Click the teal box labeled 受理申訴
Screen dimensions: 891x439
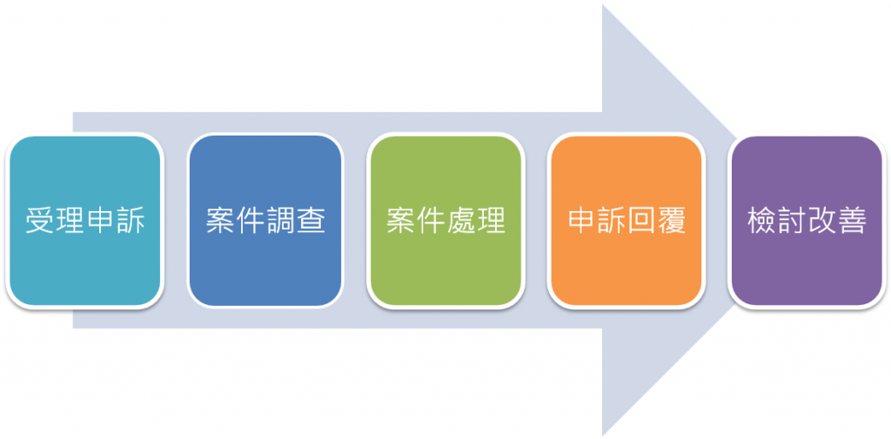coord(84,221)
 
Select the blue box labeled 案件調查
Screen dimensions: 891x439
coord(265,221)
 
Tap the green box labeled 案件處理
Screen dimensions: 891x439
coord(446,221)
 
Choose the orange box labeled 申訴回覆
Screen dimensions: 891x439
coord(626,221)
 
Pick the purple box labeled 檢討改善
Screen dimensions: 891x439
coord(807,221)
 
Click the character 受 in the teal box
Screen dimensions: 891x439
coord(40,221)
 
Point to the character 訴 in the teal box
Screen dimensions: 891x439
coord(131,221)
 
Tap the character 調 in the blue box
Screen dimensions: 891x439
coord(281,221)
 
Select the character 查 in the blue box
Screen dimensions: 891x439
coord(311,221)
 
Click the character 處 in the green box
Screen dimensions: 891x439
coord(461,221)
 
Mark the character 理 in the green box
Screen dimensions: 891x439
coord(492,221)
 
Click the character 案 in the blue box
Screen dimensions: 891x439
coord(220,221)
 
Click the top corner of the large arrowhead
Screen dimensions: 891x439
coord(602,4)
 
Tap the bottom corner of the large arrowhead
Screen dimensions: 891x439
coord(602,436)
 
